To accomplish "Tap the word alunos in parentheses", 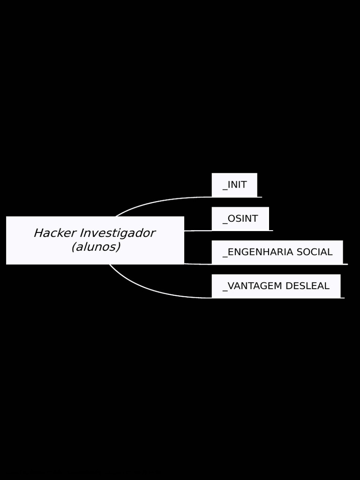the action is [96, 247].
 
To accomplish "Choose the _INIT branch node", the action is [234, 185].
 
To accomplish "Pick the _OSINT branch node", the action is [240, 218].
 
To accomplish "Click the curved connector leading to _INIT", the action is [155, 202].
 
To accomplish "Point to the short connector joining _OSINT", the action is [197, 231].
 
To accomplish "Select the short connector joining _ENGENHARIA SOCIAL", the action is [197, 264].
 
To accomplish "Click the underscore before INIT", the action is [225, 189].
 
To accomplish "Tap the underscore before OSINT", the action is [225, 223].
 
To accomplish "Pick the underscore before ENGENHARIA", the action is [225, 256].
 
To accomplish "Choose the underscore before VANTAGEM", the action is [225, 290].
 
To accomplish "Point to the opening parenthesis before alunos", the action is [74, 247].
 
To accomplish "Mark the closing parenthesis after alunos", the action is [118, 247].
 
